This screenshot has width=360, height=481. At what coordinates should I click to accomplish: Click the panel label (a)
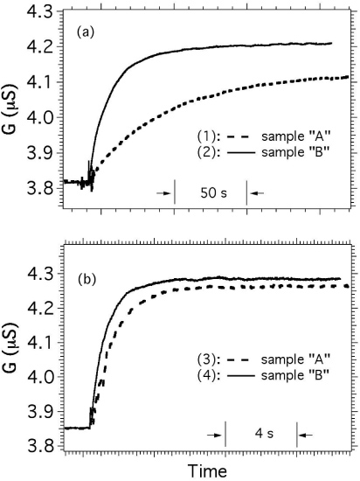click(x=85, y=32)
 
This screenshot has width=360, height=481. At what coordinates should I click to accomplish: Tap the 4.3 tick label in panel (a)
click(x=42, y=10)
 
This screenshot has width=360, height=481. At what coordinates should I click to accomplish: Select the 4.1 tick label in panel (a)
click(x=42, y=82)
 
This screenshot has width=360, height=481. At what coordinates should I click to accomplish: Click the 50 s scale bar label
click(x=211, y=191)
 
